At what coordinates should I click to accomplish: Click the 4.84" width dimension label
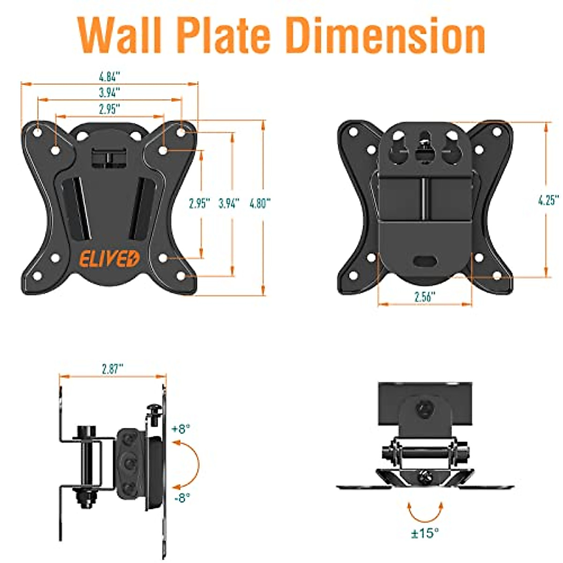110,76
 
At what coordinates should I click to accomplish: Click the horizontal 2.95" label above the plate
110,109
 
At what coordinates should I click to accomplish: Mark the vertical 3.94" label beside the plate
229,204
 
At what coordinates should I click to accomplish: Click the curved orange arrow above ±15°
425,511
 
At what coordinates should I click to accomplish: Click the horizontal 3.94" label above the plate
110,92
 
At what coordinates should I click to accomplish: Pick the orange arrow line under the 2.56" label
425,304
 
